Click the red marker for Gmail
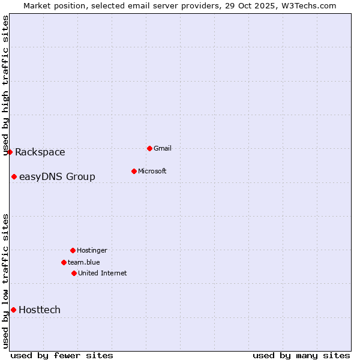point(149,148)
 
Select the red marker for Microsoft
point(134,171)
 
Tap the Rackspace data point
point(10,152)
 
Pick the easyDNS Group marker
point(14,176)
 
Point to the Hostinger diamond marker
point(73,250)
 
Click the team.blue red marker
point(64,262)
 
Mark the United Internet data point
point(74,273)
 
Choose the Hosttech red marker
point(13,310)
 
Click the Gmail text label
point(163,148)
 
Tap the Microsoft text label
point(152,171)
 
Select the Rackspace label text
point(40,152)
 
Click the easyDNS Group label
point(57,176)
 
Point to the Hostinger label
point(92,250)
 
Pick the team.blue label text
point(84,262)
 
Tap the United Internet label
point(103,273)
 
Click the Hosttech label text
point(40,310)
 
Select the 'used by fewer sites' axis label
point(62,355)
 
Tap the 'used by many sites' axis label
point(301,355)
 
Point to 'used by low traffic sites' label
point(6,281)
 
